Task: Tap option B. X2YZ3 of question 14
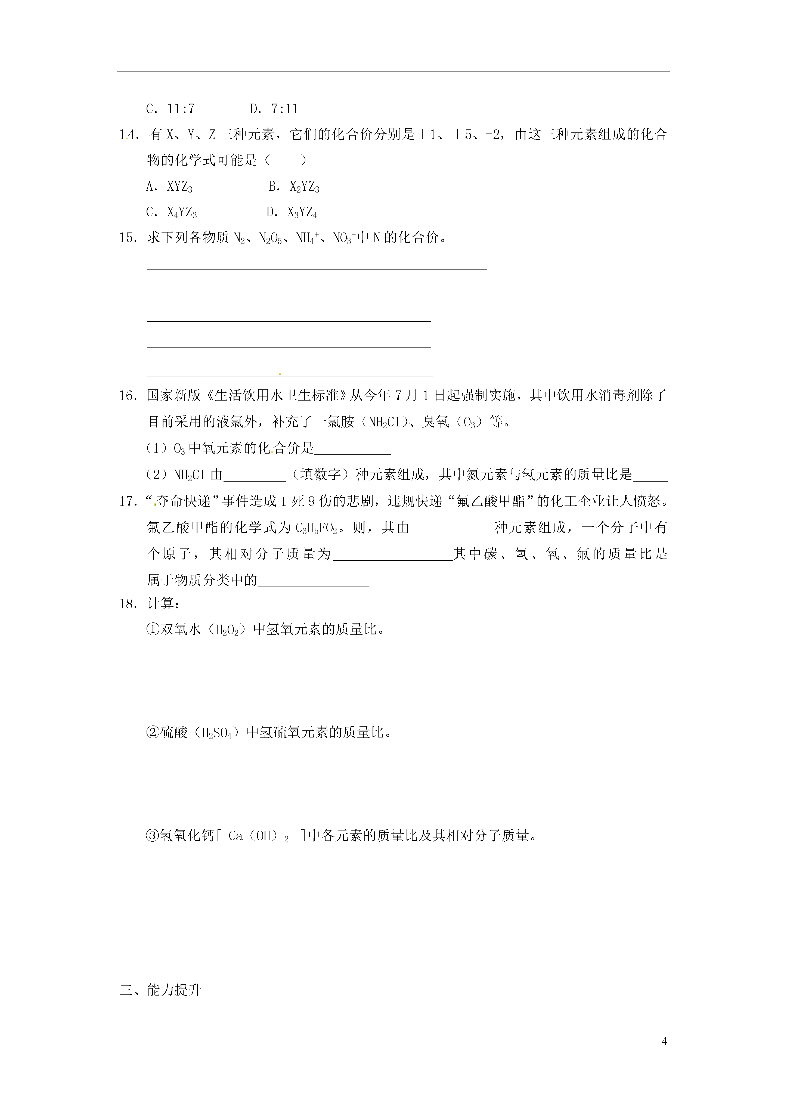point(294,187)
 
